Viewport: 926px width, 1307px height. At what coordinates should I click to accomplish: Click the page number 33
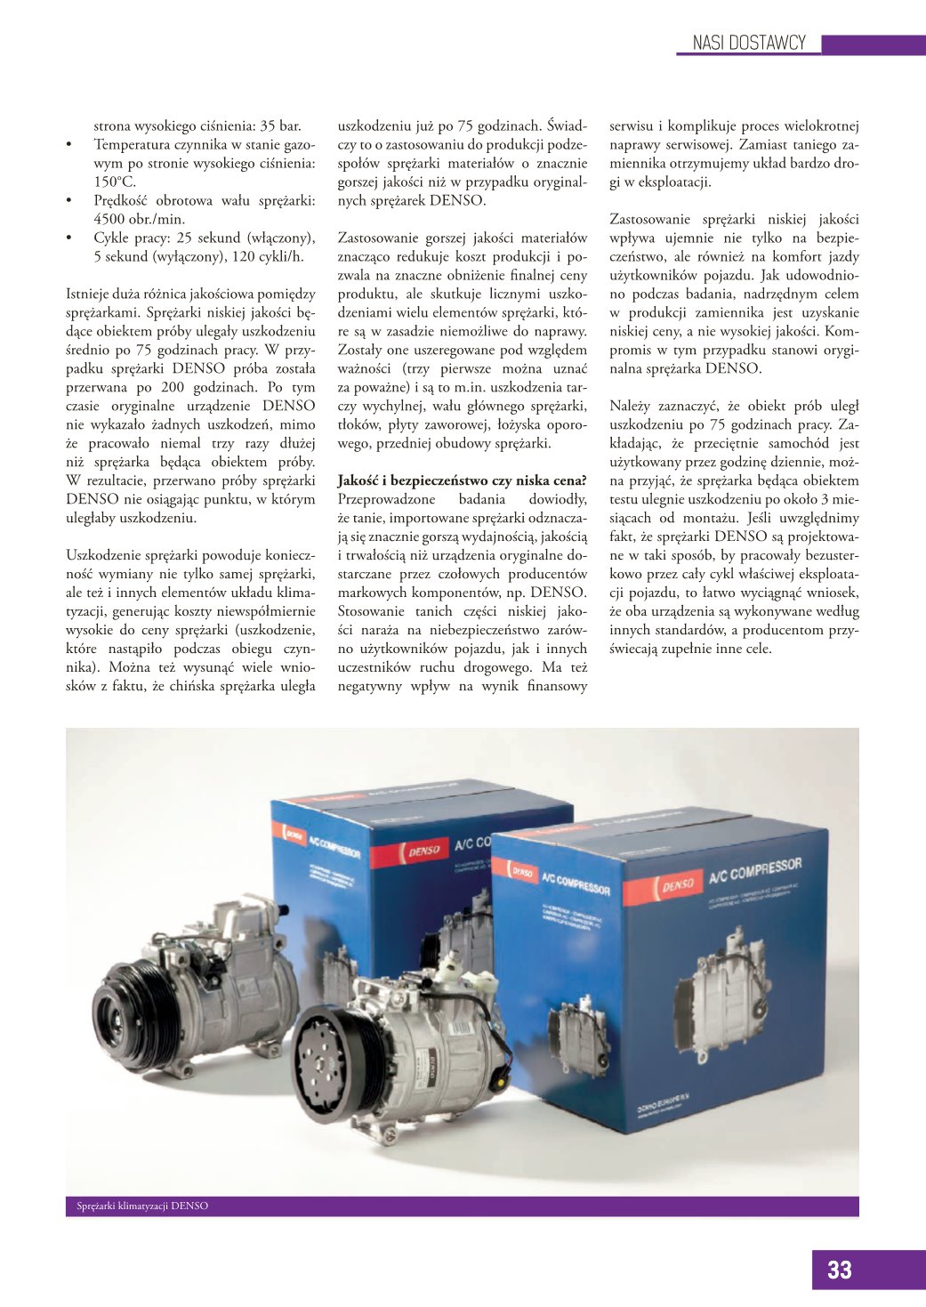pyautogui.click(x=839, y=1270)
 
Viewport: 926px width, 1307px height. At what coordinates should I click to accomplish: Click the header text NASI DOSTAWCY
pyautogui.click(x=749, y=43)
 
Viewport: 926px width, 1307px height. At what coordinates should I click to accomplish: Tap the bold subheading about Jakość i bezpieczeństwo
pyautogui.click(x=462, y=480)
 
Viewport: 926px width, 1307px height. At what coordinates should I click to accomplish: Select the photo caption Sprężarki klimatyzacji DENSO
pyautogui.click(x=142, y=1206)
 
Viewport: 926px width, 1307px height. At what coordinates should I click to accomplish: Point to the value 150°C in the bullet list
pyautogui.click(x=115, y=182)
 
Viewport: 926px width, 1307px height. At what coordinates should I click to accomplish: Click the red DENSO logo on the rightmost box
pyautogui.click(x=678, y=884)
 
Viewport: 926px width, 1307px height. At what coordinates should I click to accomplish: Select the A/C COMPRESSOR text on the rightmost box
pyautogui.click(x=754, y=871)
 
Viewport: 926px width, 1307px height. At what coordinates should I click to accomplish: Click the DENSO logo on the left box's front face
pyautogui.click(x=423, y=850)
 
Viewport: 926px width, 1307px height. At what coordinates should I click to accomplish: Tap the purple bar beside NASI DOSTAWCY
pyautogui.click(x=872, y=44)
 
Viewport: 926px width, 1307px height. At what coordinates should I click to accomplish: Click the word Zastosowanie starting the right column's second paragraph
pyautogui.click(x=652, y=219)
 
